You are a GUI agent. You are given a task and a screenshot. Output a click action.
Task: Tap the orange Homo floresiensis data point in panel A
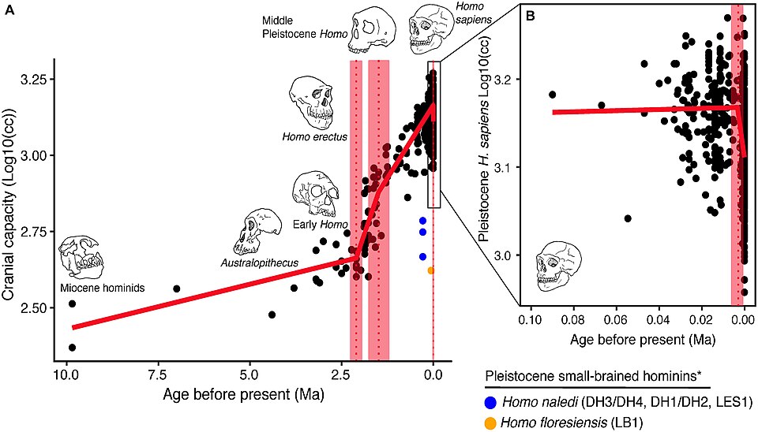click(x=430, y=270)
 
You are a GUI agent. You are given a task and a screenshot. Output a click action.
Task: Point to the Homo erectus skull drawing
click(x=312, y=99)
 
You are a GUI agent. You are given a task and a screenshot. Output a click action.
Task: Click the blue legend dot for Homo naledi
click(x=492, y=401)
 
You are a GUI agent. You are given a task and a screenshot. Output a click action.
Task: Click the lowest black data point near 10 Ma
click(x=72, y=348)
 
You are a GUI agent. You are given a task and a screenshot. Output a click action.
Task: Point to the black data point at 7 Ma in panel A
click(x=177, y=289)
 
